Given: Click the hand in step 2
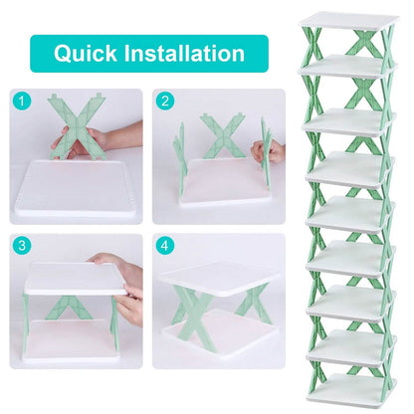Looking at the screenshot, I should tap(267, 151).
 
